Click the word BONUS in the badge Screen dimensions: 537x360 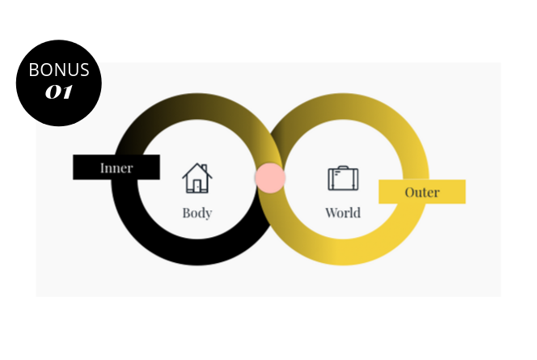coord(59,70)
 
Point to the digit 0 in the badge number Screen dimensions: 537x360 coord(53,91)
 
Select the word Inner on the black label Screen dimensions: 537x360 coord(116,168)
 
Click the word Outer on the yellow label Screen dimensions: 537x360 coord(422,193)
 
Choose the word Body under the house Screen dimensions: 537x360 coord(197,213)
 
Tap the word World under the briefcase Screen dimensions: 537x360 coord(343,213)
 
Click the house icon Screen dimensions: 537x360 coord(197,178)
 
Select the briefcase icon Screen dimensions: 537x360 coord(343,178)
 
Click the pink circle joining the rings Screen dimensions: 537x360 coord(269,178)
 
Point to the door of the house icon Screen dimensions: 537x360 coord(197,186)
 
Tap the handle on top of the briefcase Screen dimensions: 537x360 coord(343,167)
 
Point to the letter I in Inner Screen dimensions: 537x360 coord(103,168)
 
